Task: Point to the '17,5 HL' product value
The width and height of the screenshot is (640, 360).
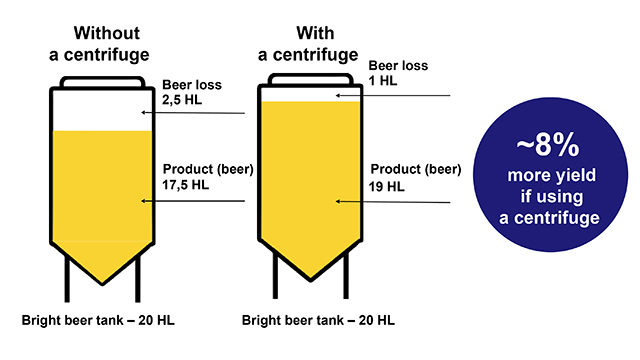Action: (187, 185)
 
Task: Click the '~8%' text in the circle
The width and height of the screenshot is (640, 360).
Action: (547, 145)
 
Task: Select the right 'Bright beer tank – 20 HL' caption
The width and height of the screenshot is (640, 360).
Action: (319, 321)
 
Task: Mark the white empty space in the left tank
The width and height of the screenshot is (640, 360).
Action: (100, 113)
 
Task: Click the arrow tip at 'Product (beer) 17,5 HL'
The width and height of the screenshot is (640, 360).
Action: (144, 201)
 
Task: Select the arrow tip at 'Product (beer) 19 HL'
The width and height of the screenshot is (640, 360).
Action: (338, 201)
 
